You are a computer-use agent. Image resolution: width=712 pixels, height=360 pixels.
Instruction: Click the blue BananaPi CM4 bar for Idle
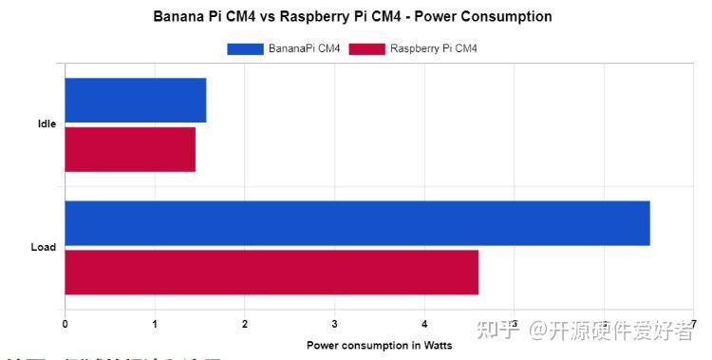click(x=135, y=100)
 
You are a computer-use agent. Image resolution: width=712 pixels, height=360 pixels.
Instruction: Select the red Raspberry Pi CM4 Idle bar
click(x=130, y=148)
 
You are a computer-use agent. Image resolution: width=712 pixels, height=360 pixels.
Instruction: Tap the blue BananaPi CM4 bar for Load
click(x=357, y=223)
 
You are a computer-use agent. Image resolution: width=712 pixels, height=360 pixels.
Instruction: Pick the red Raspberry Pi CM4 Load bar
click(x=272, y=272)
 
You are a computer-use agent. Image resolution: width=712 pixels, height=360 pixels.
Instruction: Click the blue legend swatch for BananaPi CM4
click(x=245, y=48)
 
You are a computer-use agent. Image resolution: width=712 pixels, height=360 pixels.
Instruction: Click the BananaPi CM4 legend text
click(x=305, y=48)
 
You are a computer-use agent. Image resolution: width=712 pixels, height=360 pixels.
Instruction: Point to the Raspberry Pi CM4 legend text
click(x=434, y=48)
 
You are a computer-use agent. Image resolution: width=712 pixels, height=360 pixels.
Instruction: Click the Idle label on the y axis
click(x=47, y=124)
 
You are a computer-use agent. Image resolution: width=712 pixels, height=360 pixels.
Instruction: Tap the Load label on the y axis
click(x=44, y=247)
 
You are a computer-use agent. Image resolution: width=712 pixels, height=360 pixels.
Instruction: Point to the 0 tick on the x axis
click(x=65, y=324)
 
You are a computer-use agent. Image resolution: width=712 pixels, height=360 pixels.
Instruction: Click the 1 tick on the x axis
click(x=155, y=324)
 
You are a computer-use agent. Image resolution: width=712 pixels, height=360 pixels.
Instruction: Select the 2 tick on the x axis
click(x=245, y=324)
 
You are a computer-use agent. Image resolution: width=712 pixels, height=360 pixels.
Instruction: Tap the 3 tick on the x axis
click(x=335, y=324)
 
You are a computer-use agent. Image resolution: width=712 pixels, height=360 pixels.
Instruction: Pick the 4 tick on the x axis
click(x=424, y=324)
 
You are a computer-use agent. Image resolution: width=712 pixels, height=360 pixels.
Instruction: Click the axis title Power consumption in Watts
click(x=380, y=345)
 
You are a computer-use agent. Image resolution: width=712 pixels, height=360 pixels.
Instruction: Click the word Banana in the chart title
click(x=178, y=17)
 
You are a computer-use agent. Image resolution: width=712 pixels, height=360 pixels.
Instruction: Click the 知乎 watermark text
click(x=500, y=331)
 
